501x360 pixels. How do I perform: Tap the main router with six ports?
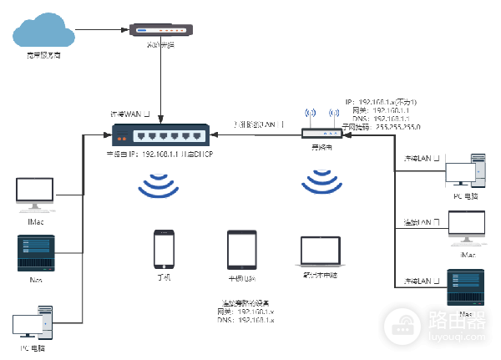[x=158, y=135]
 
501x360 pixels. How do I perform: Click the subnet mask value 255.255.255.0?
[x=398, y=126]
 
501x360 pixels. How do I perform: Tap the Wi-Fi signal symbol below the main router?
[x=159, y=185]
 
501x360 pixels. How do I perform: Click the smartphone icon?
[x=164, y=248]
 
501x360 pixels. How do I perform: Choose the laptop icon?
[x=321, y=251]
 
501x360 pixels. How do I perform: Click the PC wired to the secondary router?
[x=464, y=170]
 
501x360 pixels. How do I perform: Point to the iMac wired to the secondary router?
[x=466, y=227]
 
